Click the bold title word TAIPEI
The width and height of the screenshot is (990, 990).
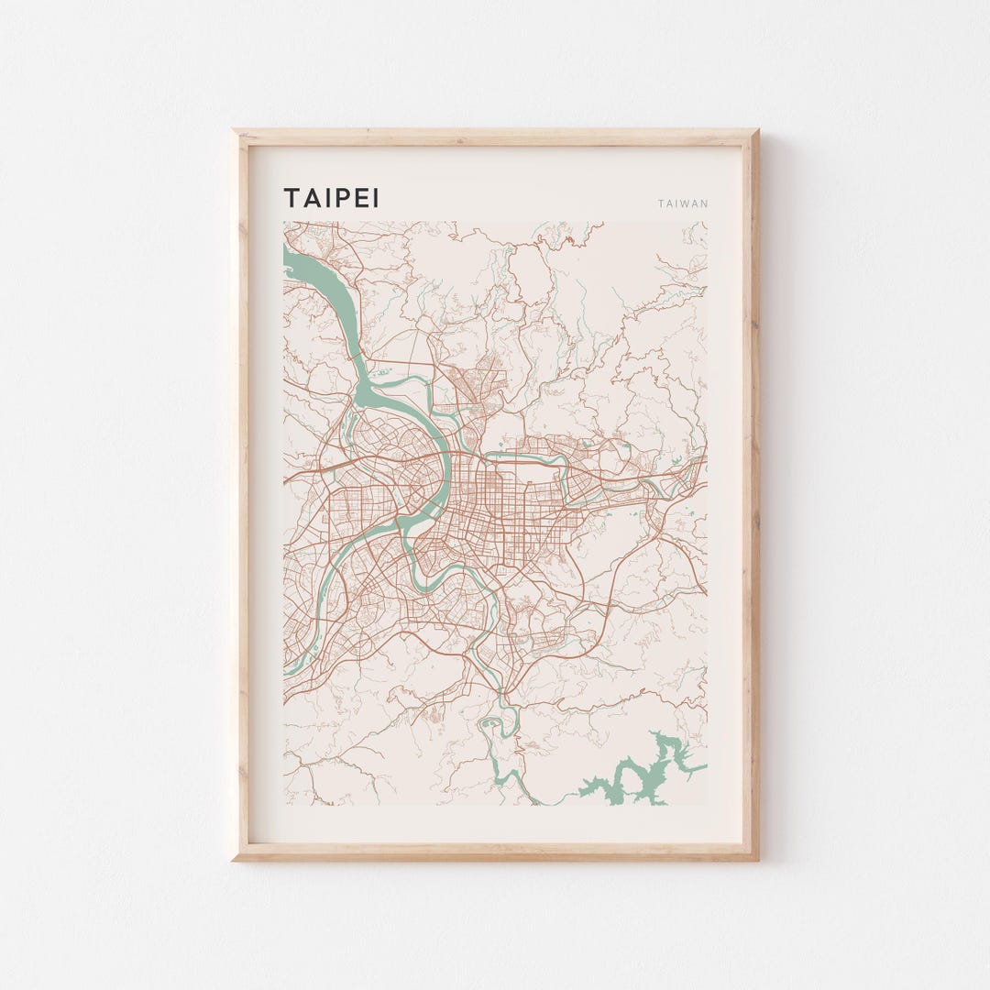pyautogui.click(x=331, y=198)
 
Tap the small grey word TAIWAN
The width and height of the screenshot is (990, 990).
pyautogui.click(x=683, y=203)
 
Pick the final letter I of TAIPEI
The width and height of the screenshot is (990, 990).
pyautogui.click(x=375, y=198)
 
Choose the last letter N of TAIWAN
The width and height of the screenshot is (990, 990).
pyautogui.click(x=704, y=203)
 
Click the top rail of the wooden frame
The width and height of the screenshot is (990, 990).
pyautogui.click(x=495, y=137)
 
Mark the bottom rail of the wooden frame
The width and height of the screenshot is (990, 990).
pyautogui.click(x=495, y=852)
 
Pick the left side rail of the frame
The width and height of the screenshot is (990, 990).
pyautogui.click(x=241, y=495)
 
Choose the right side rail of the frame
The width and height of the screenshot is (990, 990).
pyautogui.click(x=750, y=495)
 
